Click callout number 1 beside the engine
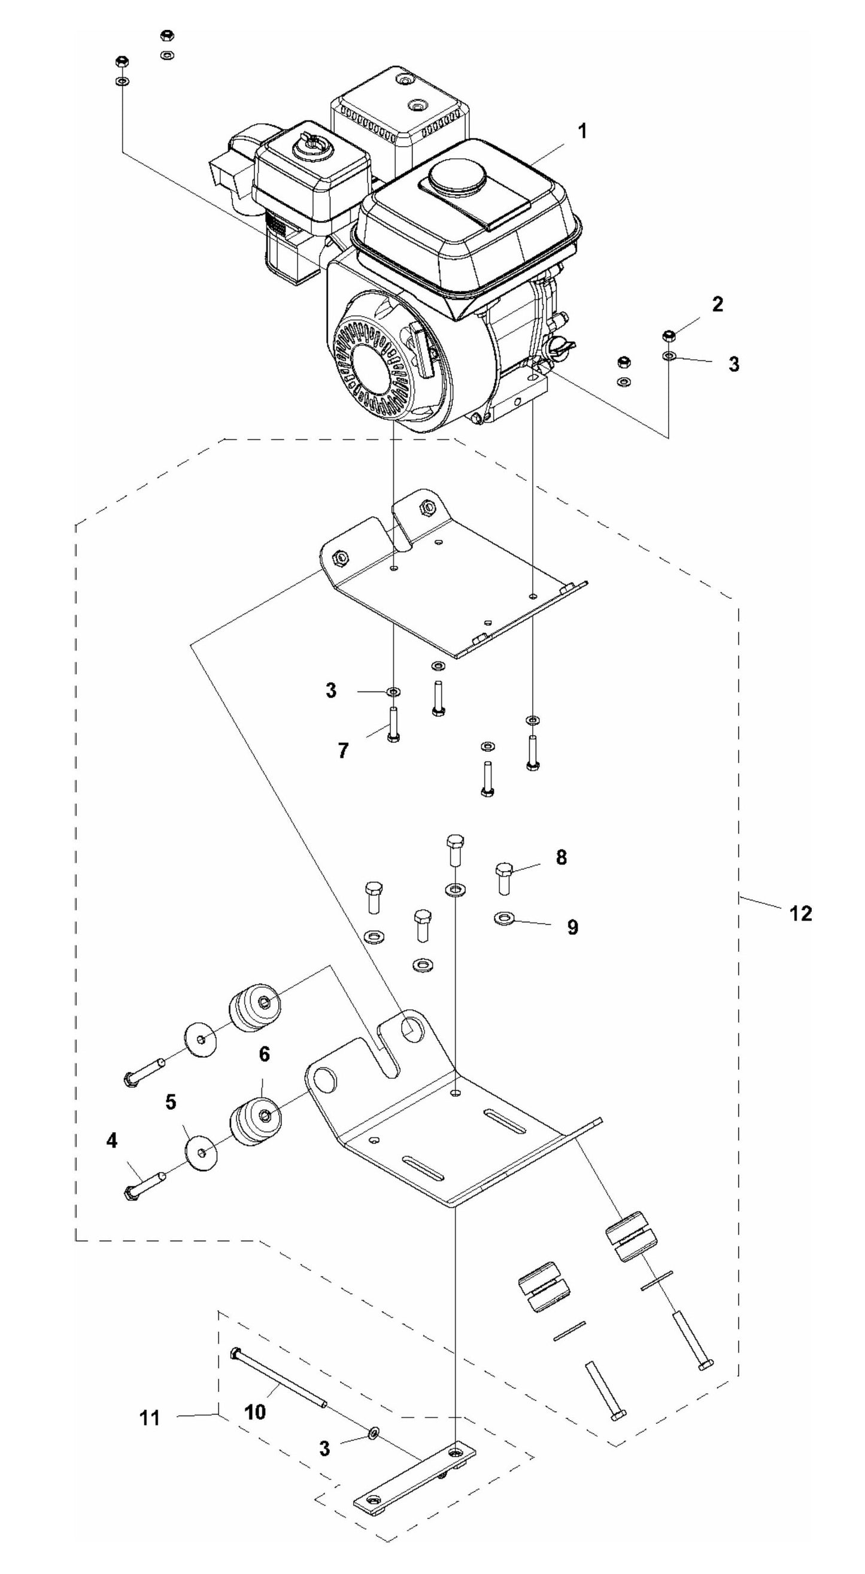(x=582, y=131)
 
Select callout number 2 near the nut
(x=717, y=304)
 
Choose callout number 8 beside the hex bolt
(x=562, y=857)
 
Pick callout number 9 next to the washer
(x=572, y=927)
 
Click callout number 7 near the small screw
(x=344, y=750)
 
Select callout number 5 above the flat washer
(x=171, y=1102)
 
